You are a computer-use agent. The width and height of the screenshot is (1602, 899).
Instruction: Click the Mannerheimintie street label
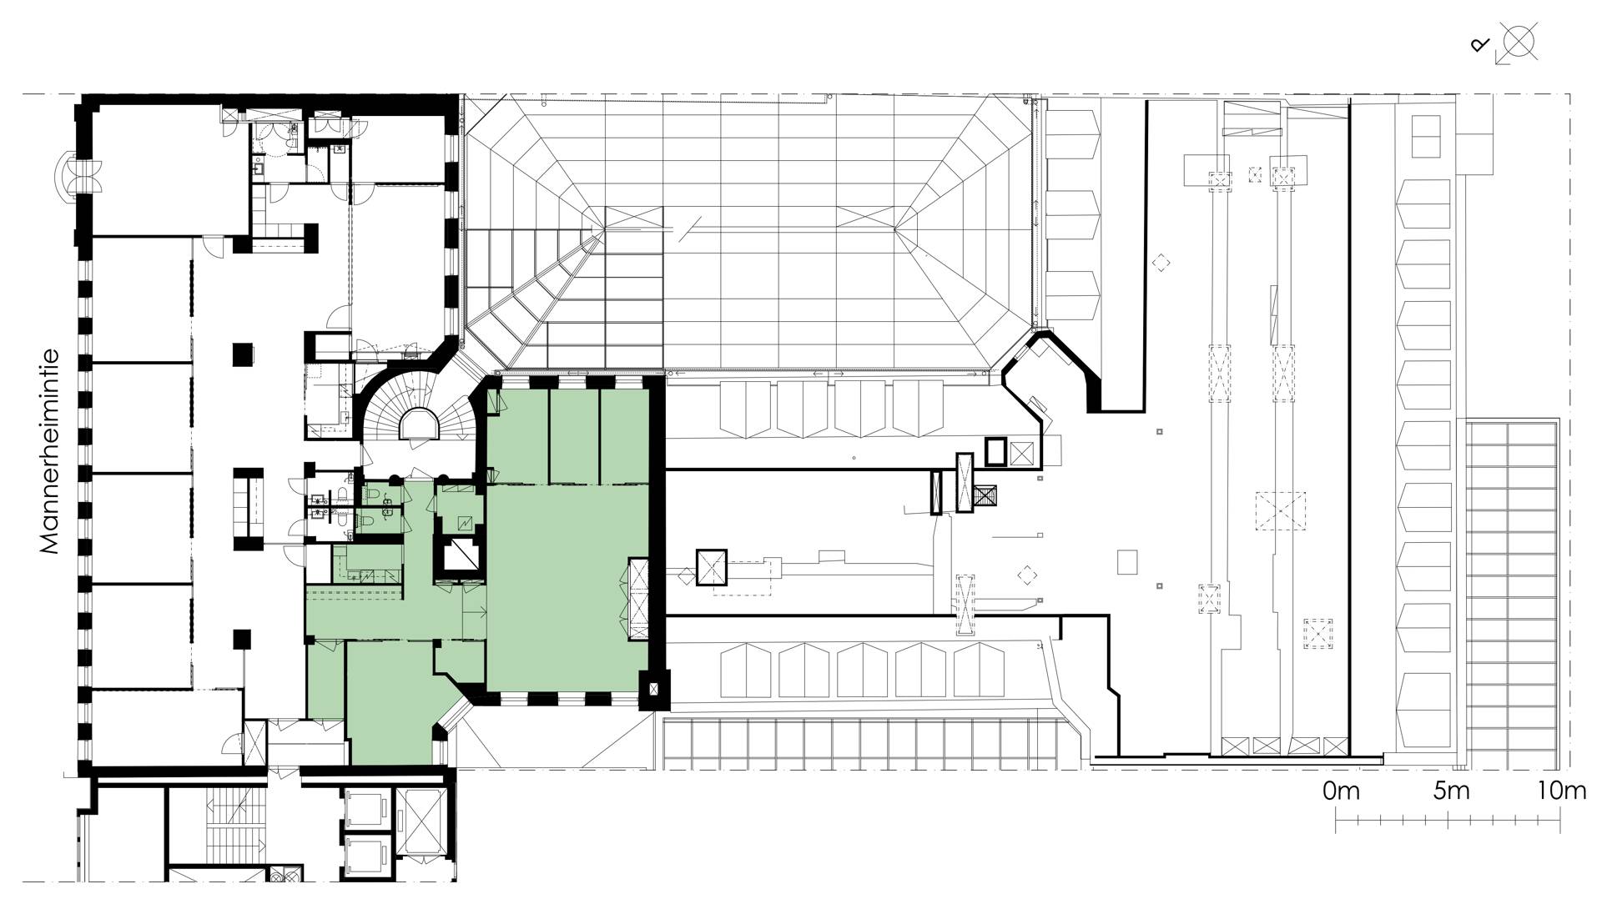click(x=49, y=451)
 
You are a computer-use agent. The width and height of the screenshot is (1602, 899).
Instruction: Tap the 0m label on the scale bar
click(x=1341, y=791)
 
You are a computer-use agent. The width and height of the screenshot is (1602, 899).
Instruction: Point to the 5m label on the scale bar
click(x=1451, y=791)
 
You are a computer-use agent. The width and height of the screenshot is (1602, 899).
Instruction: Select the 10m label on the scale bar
click(x=1561, y=791)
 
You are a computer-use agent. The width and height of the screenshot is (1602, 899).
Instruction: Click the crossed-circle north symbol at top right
click(x=1519, y=42)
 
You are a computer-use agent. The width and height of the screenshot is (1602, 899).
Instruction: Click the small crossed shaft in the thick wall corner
click(x=653, y=690)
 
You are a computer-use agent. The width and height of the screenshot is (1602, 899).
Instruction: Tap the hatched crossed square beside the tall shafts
click(x=986, y=496)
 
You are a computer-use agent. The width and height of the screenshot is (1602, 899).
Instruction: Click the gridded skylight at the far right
click(x=1513, y=592)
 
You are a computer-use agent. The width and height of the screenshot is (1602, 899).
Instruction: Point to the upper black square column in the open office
click(x=242, y=354)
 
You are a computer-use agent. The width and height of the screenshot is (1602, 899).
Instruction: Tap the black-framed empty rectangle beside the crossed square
click(x=996, y=451)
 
